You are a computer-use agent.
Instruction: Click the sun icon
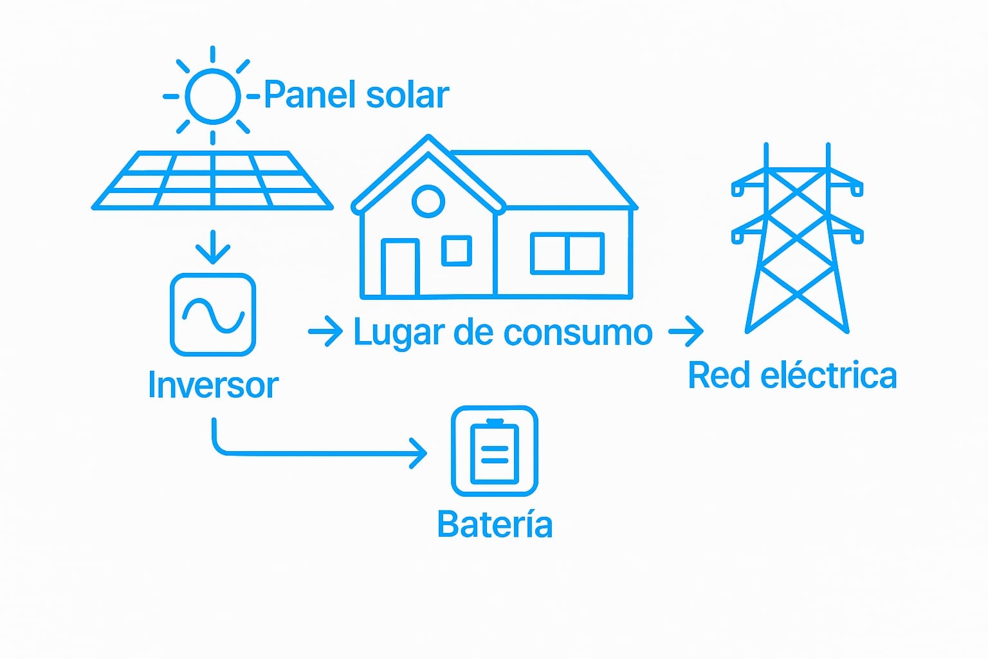tap(212, 97)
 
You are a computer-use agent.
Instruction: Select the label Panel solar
tap(356, 95)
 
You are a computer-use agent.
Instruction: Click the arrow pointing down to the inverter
tap(213, 247)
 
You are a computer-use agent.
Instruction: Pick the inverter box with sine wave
tap(213, 315)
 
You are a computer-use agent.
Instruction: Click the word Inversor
tap(213, 385)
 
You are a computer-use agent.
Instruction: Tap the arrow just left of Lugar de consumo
tap(325, 331)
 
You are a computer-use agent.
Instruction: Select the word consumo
tap(578, 333)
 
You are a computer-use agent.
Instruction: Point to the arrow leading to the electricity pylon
tap(686, 331)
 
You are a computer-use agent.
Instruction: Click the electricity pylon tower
tap(797, 245)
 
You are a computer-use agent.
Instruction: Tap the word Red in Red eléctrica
tap(718, 375)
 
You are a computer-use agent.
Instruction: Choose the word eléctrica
tap(828, 375)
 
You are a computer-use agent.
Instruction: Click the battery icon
tap(495, 451)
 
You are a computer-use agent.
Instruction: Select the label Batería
tap(495, 524)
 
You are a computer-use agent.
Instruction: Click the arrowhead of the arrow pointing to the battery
tap(420, 454)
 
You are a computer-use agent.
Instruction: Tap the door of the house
tap(400, 268)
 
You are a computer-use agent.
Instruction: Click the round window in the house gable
tap(428, 201)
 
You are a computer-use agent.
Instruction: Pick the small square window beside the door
tap(457, 250)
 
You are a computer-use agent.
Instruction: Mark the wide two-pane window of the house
tap(567, 253)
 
